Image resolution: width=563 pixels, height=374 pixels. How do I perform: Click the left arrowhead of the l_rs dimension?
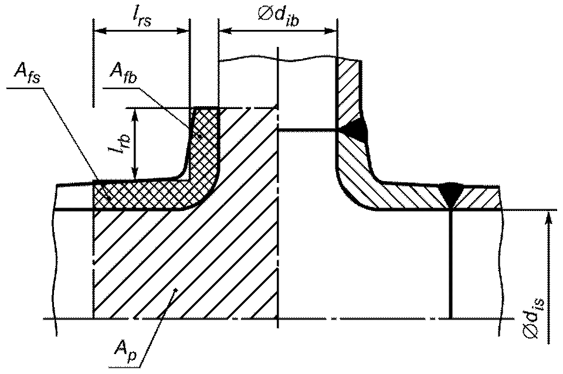pyautogui.click(x=100, y=31)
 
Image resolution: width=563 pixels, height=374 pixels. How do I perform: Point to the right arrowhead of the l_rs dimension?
pyautogui.click(x=182, y=31)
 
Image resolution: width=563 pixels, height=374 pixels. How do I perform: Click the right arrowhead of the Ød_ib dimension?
pyautogui.click(x=330, y=31)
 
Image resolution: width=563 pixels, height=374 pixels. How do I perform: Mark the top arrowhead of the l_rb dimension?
pyautogui.click(x=135, y=115)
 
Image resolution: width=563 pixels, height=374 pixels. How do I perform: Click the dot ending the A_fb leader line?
pyautogui.click(x=197, y=136)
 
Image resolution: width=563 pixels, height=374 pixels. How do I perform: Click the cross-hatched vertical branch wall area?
pyautogui.click(x=204, y=144)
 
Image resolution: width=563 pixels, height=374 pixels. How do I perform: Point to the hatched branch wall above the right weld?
pyautogui.click(x=348, y=90)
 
